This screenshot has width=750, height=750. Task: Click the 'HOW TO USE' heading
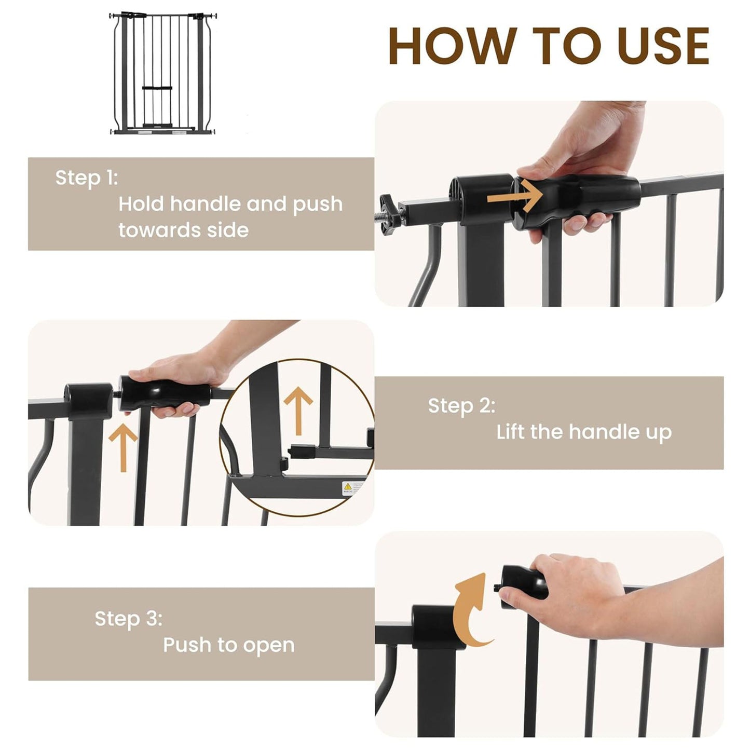tap(549, 46)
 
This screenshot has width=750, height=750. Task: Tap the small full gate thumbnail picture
tap(163, 74)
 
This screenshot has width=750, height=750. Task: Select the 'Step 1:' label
tap(87, 178)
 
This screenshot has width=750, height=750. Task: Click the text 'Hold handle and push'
tap(230, 204)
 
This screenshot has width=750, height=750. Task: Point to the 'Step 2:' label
tap(461, 406)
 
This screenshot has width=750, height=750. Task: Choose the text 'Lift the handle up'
tap(584, 432)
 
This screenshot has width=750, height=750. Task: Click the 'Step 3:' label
tap(128, 619)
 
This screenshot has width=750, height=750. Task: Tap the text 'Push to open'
tap(229, 645)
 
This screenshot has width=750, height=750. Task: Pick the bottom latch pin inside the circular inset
tap(301, 452)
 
